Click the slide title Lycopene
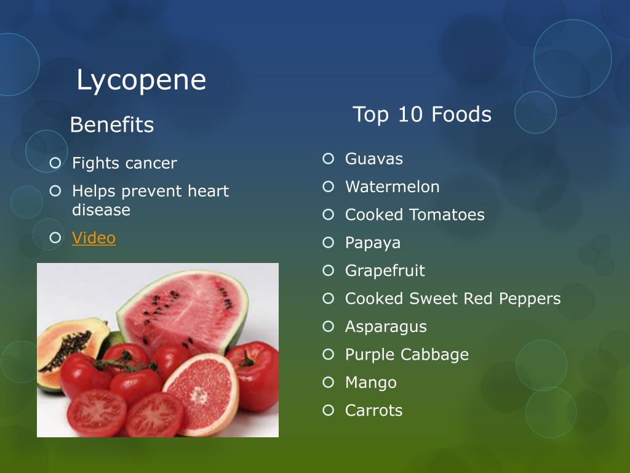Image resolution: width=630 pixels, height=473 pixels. pyautogui.click(x=141, y=81)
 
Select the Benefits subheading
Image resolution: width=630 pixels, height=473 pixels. pyautogui.click(x=111, y=125)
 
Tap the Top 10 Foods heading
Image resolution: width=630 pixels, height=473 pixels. pyautogui.click(x=421, y=115)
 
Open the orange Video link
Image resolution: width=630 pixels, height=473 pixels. pyautogui.click(x=94, y=238)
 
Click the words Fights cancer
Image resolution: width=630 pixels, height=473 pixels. pyautogui.click(x=124, y=163)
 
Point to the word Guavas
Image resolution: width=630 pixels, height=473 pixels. pyautogui.click(x=373, y=159)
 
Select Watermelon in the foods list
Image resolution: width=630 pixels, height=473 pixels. pyautogui.click(x=392, y=187)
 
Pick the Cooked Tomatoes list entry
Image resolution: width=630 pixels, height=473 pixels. pyautogui.click(x=414, y=215)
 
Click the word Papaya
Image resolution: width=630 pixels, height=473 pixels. pyautogui.click(x=372, y=243)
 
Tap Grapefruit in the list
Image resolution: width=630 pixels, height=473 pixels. pyautogui.click(x=385, y=270)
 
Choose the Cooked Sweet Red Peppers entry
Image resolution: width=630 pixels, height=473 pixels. pyautogui.click(x=452, y=299)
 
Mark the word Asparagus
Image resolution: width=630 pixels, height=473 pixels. pyautogui.click(x=385, y=326)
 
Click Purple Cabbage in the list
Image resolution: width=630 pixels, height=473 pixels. pyautogui.click(x=406, y=355)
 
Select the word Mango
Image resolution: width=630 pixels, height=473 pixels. pyautogui.click(x=370, y=382)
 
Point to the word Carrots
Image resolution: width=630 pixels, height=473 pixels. pyautogui.click(x=373, y=410)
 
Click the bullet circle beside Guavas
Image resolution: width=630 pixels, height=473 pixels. pyautogui.click(x=328, y=159)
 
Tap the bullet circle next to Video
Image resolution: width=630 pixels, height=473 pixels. pyautogui.click(x=55, y=238)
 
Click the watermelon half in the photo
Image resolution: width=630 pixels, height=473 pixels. pyautogui.click(x=185, y=308)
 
